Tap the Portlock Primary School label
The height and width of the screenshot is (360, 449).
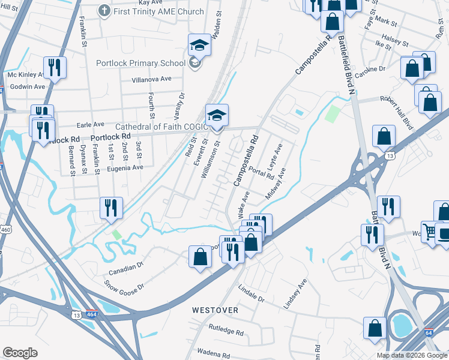[141, 63]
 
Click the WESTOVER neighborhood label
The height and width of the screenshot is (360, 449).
[215, 310]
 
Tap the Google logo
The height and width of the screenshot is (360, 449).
[20, 353]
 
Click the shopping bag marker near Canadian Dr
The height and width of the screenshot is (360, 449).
[200, 256]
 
